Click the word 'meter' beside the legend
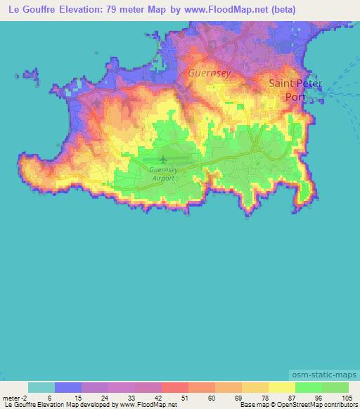point(11,397)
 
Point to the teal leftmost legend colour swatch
point(41,387)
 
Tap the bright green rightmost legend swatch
point(335,387)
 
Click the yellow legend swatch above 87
point(282,387)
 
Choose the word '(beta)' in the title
point(280,11)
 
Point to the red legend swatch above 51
point(175,387)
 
